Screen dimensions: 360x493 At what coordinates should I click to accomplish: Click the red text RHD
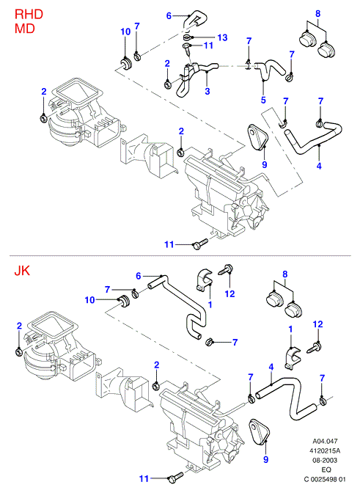point(29,15)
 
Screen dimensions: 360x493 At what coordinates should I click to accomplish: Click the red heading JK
point(22,271)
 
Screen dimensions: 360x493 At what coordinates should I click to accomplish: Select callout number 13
point(222,37)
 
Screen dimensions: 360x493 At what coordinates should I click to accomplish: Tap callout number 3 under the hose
point(207,92)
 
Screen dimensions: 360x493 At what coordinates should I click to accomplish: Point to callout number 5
point(263,100)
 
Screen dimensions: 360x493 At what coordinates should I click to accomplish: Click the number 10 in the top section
point(125,32)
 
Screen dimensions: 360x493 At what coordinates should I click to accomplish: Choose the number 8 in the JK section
point(285,274)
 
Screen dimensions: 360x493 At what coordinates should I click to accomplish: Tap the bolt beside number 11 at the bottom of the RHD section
point(200,244)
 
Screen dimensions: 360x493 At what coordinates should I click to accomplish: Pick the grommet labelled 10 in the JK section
point(125,301)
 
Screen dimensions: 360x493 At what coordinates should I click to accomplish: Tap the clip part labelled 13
point(188,38)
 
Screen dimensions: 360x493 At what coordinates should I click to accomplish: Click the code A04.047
point(325,441)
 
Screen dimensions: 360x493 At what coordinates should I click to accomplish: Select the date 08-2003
point(325,460)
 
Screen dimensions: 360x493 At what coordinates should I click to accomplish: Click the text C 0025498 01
point(325,480)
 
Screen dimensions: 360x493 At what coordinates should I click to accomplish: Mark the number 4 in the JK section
point(271,367)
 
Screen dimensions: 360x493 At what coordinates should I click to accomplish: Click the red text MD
point(24,29)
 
